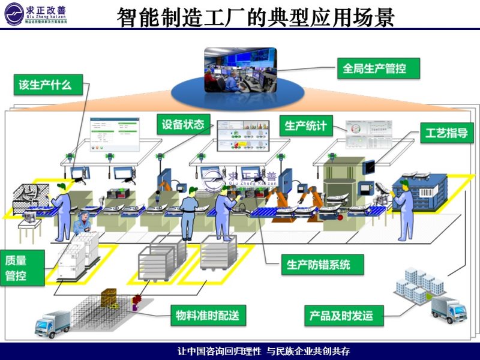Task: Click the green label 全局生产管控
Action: click(374, 68)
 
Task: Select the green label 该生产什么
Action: click(45, 85)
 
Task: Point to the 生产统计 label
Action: click(306, 126)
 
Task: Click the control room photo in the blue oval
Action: click(241, 70)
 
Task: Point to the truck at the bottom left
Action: click(53, 324)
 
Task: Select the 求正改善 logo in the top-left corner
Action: click(36, 13)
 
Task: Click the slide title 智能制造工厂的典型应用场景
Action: click(256, 17)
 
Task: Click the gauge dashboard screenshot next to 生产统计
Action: click(366, 134)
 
